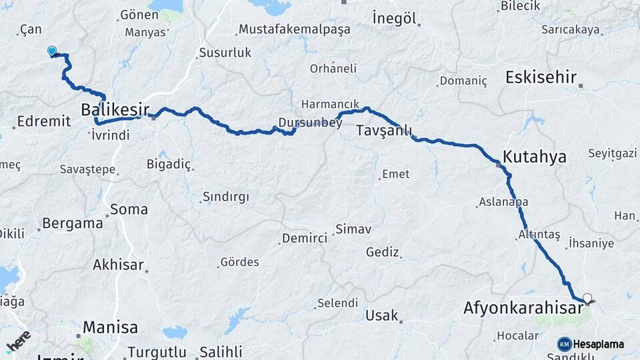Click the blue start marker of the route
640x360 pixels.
pos(52,51)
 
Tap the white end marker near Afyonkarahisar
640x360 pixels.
pos(587,298)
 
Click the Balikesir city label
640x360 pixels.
pos(115,109)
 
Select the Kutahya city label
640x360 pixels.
pos(535,157)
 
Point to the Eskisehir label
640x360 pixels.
pos(541,77)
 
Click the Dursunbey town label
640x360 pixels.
pos(300,122)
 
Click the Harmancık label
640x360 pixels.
pos(330,105)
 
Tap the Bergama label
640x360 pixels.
pos(72,223)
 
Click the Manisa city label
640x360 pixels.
pos(111,327)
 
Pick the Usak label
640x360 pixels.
pos(381,315)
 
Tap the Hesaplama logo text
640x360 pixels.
pos(599,344)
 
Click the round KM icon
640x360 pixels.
pos(564,344)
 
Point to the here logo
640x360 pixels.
pos(18,341)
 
